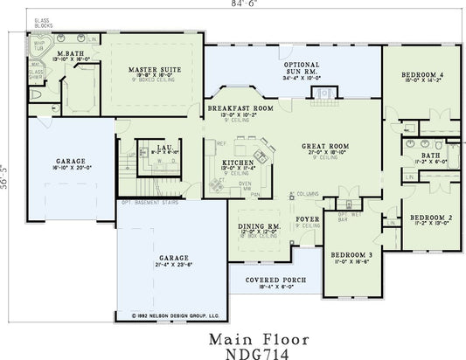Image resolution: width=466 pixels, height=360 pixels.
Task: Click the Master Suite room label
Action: pyautogui.click(x=154, y=69)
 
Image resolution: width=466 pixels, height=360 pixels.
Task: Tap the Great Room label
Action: pyautogui.click(x=325, y=147)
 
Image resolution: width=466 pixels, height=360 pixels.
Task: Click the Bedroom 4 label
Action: pyautogui.click(x=423, y=76)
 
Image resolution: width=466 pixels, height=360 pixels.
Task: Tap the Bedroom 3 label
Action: pyautogui.click(x=352, y=254)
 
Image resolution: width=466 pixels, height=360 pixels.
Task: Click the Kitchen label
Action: pyautogui.click(x=238, y=163)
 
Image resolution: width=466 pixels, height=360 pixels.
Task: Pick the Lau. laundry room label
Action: pyautogui.click(x=164, y=147)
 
